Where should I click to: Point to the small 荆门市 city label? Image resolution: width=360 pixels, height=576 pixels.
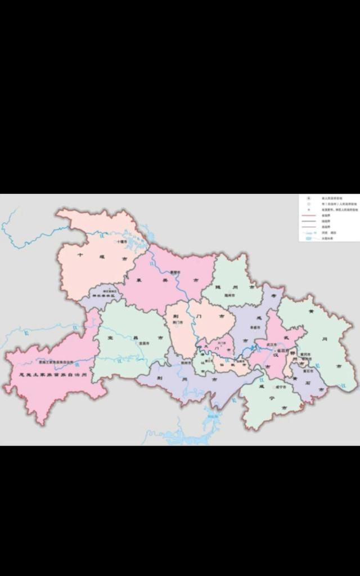178,322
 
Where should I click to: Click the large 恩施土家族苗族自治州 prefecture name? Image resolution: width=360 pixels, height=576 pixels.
53,375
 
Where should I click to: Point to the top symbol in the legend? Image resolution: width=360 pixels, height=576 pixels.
308,199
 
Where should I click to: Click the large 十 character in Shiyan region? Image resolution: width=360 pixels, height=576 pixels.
80,255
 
